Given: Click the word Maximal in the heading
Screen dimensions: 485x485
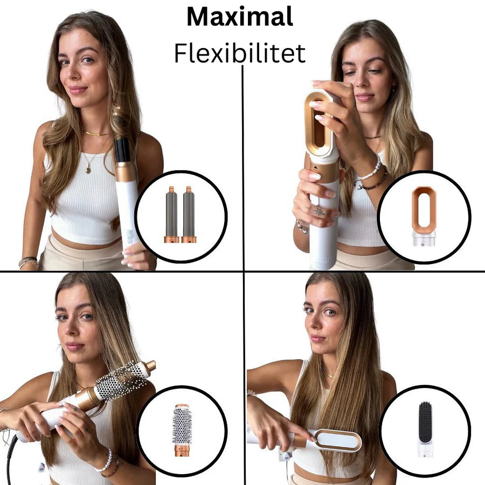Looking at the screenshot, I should click(239, 17).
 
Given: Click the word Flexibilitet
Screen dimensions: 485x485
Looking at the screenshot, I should click(239, 53).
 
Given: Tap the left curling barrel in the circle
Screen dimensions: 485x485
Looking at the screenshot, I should click(171, 214).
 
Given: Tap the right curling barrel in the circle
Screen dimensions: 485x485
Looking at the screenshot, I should click(189, 214).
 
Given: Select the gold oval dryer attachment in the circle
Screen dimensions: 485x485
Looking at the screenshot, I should click(424, 210).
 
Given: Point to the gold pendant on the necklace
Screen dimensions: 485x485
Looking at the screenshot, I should click(88, 169).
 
